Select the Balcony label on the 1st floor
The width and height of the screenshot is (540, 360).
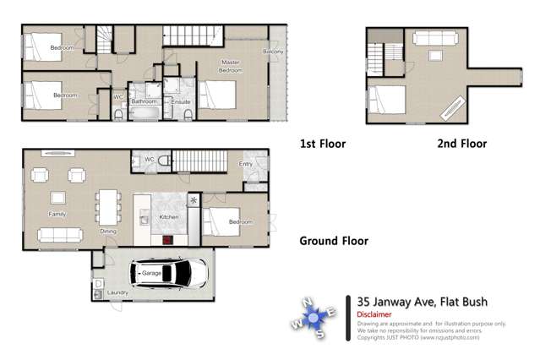coord(273,52)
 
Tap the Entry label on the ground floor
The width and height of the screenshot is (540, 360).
coord(246,164)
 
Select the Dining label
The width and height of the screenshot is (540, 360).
coord(108,231)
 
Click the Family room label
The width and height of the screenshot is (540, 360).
coord(57,215)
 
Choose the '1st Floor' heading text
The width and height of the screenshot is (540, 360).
coord(323,144)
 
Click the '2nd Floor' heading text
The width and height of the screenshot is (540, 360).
coord(461,144)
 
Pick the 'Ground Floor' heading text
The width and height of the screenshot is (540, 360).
coord(334,241)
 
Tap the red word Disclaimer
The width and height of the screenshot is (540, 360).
coord(374,314)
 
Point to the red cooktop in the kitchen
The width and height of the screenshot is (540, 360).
coord(169,240)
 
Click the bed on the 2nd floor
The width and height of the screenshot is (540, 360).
coord(385,101)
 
